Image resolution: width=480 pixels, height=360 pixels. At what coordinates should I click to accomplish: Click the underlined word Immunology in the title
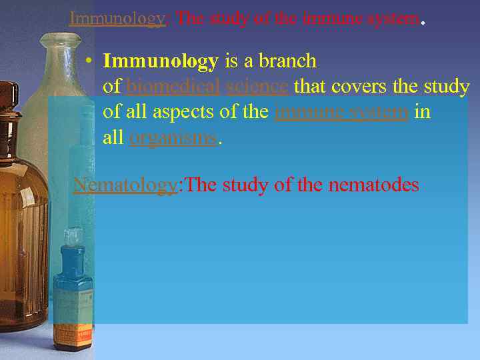[x=117, y=18]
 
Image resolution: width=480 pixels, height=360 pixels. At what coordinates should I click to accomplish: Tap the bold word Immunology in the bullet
[x=161, y=61]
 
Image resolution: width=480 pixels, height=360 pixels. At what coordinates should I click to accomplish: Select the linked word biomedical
[x=173, y=87]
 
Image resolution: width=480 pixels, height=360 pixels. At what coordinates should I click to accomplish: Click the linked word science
[x=257, y=87]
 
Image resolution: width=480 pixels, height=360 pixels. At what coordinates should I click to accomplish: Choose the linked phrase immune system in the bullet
[x=341, y=112]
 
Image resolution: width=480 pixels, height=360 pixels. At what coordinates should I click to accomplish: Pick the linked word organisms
[x=173, y=138]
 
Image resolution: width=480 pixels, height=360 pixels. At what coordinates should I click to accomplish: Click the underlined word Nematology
[x=125, y=185]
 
